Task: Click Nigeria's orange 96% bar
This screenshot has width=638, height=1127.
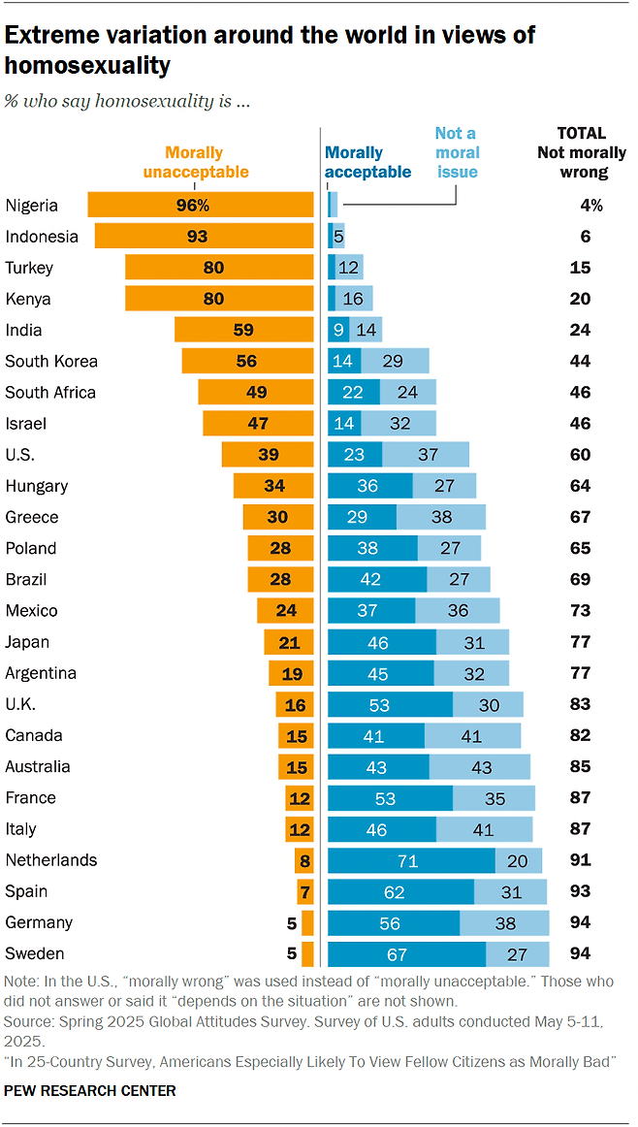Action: point(201,205)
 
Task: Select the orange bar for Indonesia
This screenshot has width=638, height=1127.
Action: point(204,236)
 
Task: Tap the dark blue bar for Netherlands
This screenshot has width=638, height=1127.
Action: point(411,860)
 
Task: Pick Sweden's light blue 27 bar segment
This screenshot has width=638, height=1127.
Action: point(518,954)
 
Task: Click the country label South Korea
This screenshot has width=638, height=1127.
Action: point(51,362)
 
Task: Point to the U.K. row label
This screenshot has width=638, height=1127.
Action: point(21,704)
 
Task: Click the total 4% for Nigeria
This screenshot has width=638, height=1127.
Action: point(592,205)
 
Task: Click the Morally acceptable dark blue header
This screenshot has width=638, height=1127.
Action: point(367,162)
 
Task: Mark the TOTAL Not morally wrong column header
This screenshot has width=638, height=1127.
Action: point(582,152)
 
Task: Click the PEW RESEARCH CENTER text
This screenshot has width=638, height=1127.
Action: point(90,1091)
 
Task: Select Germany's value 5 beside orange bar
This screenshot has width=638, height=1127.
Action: point(291,923)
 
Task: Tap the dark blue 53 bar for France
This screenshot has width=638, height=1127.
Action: point(390,798)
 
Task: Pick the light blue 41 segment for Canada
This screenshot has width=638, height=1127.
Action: point(472,735)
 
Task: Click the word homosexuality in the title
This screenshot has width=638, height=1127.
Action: point(88,66)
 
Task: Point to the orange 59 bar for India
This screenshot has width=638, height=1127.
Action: point(243,330)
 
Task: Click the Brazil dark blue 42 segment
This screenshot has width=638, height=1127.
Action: point(377,580)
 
